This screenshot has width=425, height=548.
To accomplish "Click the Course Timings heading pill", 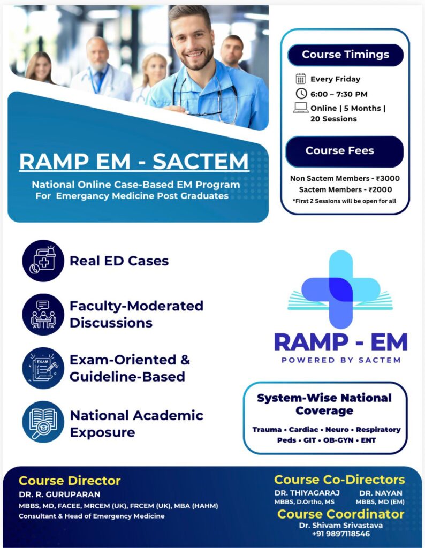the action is (x=345, y=55).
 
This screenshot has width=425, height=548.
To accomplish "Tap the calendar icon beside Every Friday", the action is (x=301, y=79).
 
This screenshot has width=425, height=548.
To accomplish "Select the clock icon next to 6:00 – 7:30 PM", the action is (x=301, y=94).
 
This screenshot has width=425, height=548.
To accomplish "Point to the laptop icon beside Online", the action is (x=301, y=108).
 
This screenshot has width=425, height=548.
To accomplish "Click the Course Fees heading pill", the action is (x=345, y=151).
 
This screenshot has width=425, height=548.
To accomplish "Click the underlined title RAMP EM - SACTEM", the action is (x=134, y=162).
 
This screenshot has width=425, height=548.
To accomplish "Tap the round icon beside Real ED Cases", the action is (x=43, y=261).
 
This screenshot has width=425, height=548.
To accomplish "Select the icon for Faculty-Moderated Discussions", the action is (x=43, y=315).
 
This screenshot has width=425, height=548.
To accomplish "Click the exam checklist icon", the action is (x=43, y=368).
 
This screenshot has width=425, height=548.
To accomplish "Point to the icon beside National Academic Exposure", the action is (x=43, y=422).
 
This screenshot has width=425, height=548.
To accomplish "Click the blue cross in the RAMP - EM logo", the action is (x=341, y=290).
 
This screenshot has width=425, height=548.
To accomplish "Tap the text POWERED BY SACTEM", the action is (x=341, y=360).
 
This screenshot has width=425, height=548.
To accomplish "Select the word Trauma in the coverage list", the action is (x=267, y=430).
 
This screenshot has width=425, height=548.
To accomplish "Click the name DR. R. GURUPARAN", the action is (x=59, y=494).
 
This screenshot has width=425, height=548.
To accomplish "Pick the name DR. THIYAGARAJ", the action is (x=307, y=493).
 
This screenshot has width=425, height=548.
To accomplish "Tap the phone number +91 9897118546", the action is (x=341, y=534).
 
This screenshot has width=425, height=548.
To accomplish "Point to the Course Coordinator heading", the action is (x=341, y=514).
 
